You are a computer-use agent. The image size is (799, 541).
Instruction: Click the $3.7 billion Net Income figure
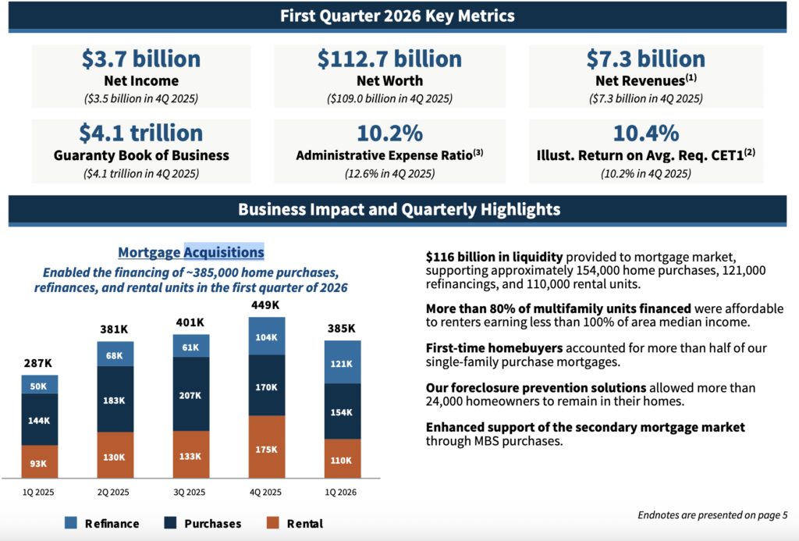pyautogui.click(x=141, y=59)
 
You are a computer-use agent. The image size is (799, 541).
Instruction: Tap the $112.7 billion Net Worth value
pyautogui.click(x=390, y=59)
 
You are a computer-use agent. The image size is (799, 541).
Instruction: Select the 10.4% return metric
pyautogui.click(x=645, y=133)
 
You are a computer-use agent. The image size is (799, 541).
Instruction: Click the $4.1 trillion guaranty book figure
pyautogui.click(x=141, y=133)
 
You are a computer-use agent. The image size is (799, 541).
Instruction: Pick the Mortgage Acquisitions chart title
pyautogui.click(x=191, y=252)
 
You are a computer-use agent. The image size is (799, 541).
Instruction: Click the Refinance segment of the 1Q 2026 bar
pyautogui.click(x=343, y=362)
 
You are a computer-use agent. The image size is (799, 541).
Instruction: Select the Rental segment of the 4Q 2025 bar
pyautogui.click(x=267, y=447)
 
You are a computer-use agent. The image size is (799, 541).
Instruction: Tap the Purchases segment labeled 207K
pyautogui.click(x=190, y=394)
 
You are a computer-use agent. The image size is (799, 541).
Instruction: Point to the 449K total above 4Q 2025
pyautogui.click(x=265, y=305)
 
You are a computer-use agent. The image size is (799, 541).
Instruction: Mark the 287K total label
pyautogui.click(x=38, y=363)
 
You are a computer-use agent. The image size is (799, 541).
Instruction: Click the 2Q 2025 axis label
pyautogui.click(x=113, y=492)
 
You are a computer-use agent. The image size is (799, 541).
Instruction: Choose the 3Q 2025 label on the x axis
pyautogui.click(x=189, y=492)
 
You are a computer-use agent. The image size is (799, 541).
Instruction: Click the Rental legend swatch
pyautogui.click(x=273, y=522)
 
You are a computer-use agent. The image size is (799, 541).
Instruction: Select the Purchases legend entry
pyautogui.click(x=203, y=523)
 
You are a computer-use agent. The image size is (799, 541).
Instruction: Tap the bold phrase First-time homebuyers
pyautogui.click(x=494, y=348)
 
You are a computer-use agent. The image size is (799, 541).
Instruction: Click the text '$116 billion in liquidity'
pyautogui.click(x=494, y=257)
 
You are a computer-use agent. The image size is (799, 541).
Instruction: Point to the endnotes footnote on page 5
pyautogui.click(x=712, y=515)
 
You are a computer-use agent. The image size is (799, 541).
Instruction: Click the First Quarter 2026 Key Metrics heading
pyautogui.click(x=397, y=16)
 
